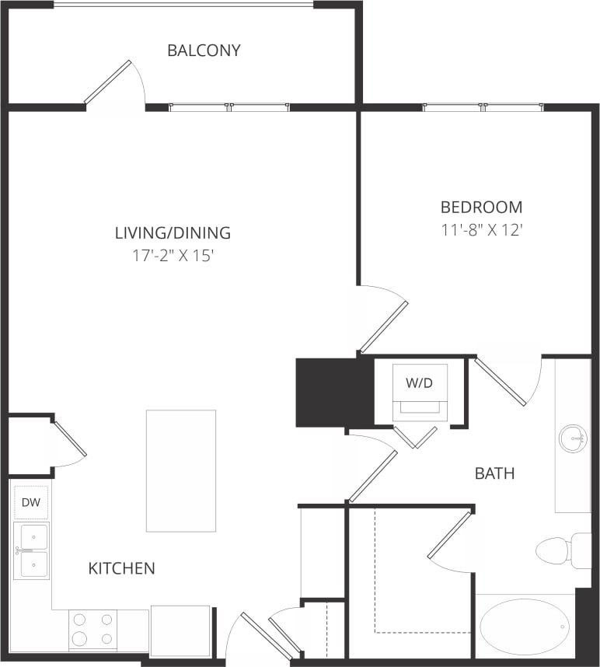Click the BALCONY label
[204, 51]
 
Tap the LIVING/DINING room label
[173, 232]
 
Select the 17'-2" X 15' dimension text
[173, 255]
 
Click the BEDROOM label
[481, 207]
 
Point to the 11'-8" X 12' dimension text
[481, 229]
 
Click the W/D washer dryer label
[419, 382]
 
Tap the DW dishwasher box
[31, 502]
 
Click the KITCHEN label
[121, 568]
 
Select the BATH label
[495, 473]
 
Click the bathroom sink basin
[574, 438]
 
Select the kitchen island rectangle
[181, 470]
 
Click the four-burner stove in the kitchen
[92, 629]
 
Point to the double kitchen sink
[32, 550]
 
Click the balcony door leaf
[108, 82]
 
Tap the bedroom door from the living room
[383, 327]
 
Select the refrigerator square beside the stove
[180, 630]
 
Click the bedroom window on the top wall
[483, 107]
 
